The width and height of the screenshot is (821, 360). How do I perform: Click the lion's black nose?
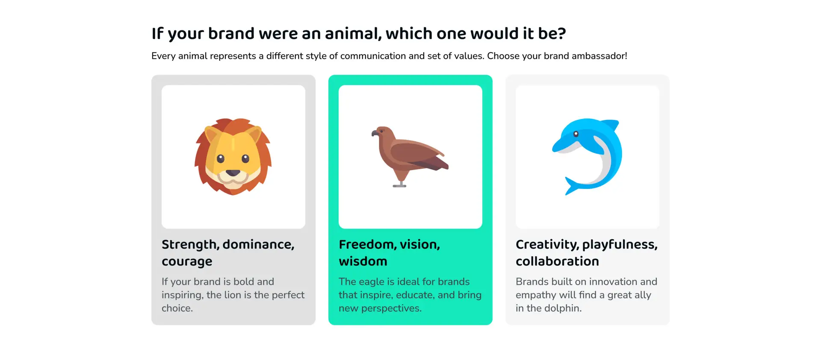coord(233,173)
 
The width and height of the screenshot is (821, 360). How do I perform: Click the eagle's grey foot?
coord(400,185)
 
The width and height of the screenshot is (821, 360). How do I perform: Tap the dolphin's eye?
coord(576,134)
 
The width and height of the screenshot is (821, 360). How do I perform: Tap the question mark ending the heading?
coord(561,33)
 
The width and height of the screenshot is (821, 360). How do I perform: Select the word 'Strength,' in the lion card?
coord(191,245)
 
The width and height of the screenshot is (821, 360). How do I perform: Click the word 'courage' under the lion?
coord(187,262)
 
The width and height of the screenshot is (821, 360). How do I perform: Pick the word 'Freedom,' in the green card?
coord(367,245)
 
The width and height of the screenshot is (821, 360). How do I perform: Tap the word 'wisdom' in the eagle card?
coord(363,261)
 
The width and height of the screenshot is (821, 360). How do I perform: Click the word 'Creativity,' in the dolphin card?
coord(547,245)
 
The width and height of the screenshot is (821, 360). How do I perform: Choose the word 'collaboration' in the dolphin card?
coord(557,261)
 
